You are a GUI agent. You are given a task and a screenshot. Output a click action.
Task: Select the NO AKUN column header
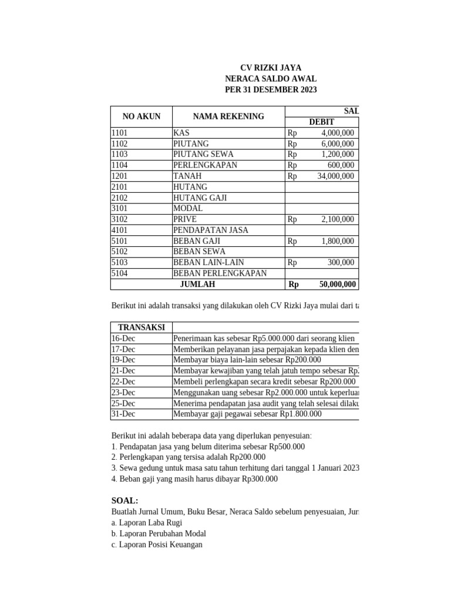[141, 116]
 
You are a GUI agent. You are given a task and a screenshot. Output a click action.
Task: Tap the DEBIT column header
[322, 122]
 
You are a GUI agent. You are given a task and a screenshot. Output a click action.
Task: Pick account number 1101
[120, 133]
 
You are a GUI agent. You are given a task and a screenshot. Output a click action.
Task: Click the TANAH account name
[187, 176]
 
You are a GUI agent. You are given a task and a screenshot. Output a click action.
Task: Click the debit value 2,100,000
[337, 219]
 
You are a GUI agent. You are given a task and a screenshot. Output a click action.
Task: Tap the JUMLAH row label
[197, 284]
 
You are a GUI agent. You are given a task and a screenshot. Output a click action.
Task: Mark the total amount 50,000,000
[337, 284]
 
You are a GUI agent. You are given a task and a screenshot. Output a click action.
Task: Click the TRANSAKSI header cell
[141, 327]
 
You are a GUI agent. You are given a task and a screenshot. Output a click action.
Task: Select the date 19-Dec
[123, 360]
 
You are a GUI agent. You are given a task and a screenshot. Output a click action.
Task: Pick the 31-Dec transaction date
[123, 414]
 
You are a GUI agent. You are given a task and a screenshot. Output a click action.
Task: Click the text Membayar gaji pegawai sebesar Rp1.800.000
[247, 414]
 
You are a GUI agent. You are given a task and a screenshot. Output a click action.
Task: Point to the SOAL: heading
[124, 500]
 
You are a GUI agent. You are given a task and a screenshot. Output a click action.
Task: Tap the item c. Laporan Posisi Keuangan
[157, 544]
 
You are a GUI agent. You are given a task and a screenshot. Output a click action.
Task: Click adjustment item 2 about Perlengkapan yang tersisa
[189, 457]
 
